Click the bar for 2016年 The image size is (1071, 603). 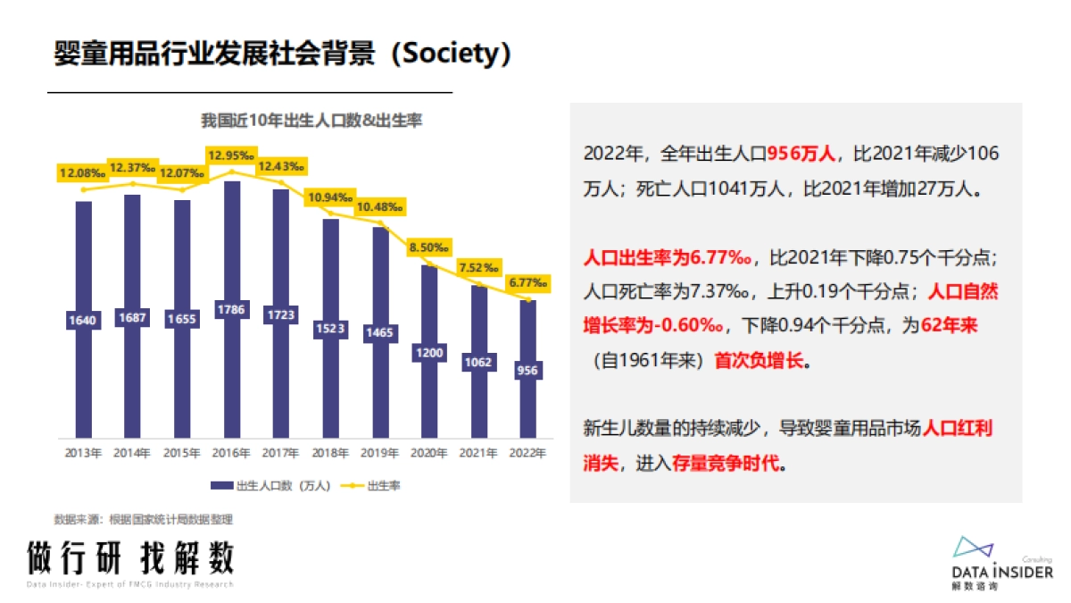231,268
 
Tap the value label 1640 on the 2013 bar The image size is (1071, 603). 83,320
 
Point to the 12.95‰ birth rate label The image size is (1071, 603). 231,155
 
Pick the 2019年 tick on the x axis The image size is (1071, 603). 380,453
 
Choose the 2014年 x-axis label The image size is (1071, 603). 132,453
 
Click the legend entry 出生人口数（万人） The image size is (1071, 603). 271,486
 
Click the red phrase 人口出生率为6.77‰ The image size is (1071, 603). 668,259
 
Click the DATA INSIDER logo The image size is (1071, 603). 1001,563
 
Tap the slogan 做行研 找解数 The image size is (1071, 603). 129,558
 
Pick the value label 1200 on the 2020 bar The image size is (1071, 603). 429,353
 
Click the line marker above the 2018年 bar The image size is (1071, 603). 330,213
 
